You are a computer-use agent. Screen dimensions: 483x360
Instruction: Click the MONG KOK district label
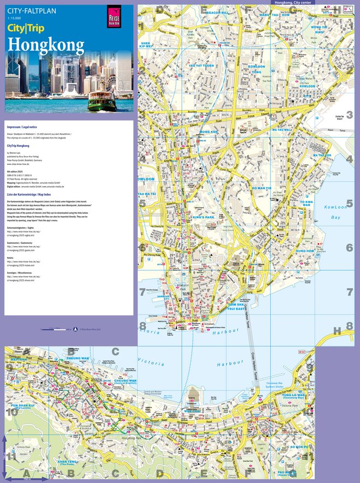[209, 132]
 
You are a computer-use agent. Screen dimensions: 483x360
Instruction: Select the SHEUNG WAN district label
[78, 359]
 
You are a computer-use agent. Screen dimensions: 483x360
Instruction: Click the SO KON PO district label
[299, 446]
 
